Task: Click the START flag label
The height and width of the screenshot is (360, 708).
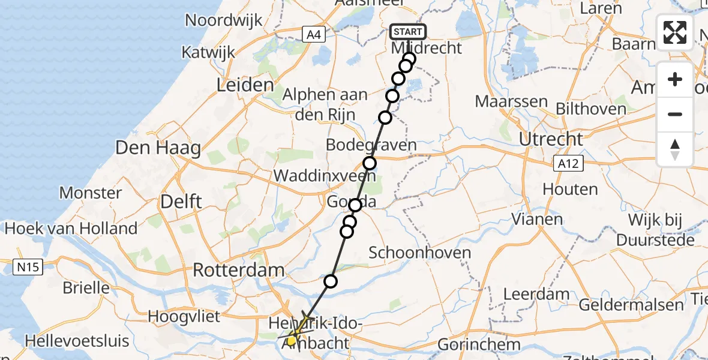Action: (408, 31)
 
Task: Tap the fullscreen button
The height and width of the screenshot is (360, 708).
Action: (675, 32)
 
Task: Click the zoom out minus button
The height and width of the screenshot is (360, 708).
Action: (675, 114)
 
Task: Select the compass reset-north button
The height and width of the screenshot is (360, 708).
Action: (675, 149)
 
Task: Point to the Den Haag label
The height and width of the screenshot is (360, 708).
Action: (158, 147)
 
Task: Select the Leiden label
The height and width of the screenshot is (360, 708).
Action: (245, 85)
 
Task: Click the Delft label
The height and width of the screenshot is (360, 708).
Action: (181, 202)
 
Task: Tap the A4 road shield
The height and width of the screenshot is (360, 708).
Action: (313, 34)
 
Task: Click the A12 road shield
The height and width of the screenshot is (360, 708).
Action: (568, 163)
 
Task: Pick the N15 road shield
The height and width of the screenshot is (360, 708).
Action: (28, 266)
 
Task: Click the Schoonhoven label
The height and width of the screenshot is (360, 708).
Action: (419, 253)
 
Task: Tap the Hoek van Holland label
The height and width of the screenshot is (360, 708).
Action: (71, 229)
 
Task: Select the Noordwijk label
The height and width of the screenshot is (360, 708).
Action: (223, 20)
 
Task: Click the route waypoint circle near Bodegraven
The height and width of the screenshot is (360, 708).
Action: (370, 163)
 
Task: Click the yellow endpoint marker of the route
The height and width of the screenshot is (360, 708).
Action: (292, 341)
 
